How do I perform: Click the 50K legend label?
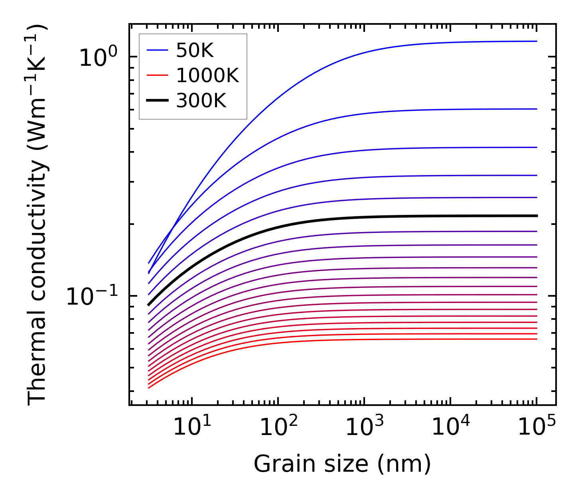click(195, 51)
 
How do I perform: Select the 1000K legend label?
click(207, 76)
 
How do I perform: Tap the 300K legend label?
click(201, 101)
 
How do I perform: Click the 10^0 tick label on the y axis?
click(98, 57)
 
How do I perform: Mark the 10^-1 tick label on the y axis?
click(92, 297)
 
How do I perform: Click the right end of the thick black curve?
click(537, 216)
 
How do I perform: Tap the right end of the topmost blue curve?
click(537, 41)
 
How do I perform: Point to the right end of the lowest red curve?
click(537, 339)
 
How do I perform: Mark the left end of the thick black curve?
click(148, 305)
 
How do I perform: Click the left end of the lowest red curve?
click(148, 388)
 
